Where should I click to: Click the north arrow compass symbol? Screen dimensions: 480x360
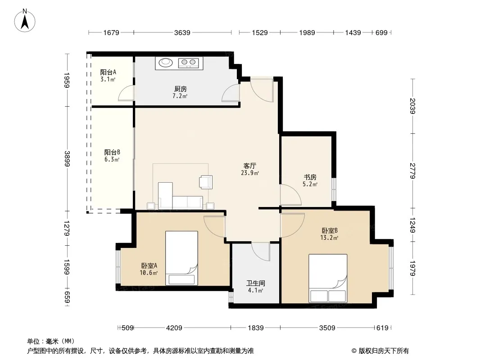(x=25, y=21)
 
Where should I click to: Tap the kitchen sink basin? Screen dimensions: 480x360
(x=166, y=62)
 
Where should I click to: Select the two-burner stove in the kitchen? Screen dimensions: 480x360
(x=189, y=63)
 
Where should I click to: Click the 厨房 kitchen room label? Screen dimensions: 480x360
(x=180, y=89)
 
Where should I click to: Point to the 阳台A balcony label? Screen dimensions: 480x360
(x=108, y=72)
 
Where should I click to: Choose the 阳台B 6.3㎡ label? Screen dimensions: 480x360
(x=112, y=156)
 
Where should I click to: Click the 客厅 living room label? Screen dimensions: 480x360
(x=250, y=166)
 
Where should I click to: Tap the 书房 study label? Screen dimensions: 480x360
(x=310, y=177)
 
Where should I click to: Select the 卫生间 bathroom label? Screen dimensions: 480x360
(x=256, y=283)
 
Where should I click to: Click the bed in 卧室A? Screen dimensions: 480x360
(x=181, y=258)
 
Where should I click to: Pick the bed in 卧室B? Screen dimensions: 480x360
(x=328, y=279)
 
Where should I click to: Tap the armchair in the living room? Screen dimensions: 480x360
(x=206, y=182)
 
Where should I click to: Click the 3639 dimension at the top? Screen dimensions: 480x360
(x=182, y=32)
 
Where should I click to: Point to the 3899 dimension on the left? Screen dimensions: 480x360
(x=67, y=159)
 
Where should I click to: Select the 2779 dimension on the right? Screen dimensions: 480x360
(x=412, y=171)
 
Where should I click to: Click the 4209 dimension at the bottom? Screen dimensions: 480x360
(x=174, y=328)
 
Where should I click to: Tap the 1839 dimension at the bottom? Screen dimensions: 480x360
(x=256, y=328)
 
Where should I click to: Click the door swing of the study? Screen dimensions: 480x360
(x=291, y=195)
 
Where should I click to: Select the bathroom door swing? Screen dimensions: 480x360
(x=261, y=252)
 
